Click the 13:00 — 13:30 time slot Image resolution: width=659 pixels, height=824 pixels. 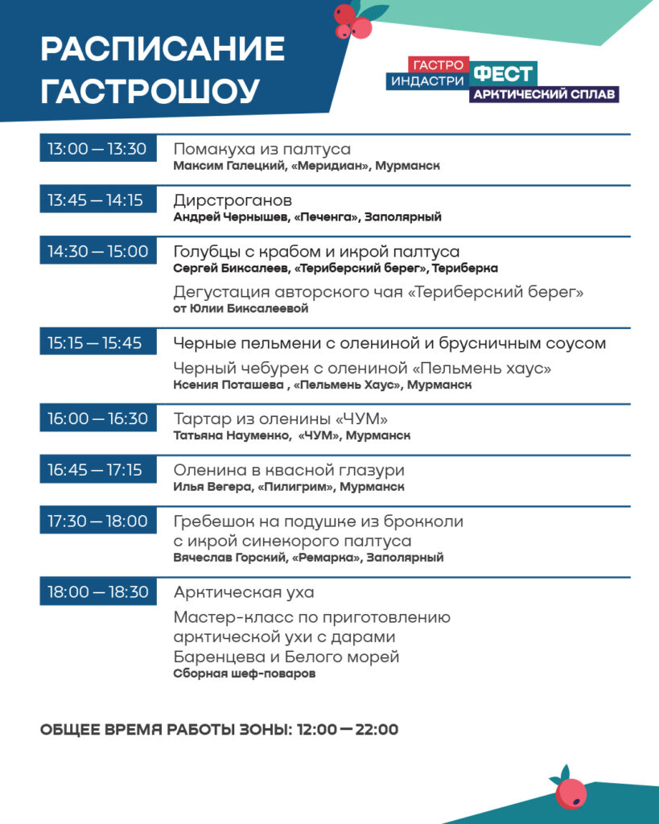pos(97,149)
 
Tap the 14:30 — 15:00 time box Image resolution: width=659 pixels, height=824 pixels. pos(97,252)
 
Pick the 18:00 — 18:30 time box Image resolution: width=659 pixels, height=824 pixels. pos(97,592)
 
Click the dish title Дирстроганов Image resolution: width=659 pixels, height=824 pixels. pos(233,200)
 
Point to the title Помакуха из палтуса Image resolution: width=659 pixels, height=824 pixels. pos(262,149)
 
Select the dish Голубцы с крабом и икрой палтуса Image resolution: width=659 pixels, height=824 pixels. pos(316,252)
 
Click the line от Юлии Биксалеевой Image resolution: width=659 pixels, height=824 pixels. pos(241,308)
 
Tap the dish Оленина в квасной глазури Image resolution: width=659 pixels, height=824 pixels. pos(289,470)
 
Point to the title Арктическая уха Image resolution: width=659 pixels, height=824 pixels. pos(244,592)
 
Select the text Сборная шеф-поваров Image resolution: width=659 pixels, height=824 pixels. pos(244,674)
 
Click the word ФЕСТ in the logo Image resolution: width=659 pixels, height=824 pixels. pos(503,74)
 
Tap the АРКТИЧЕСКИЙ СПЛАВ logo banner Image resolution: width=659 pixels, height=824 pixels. pos(544,95)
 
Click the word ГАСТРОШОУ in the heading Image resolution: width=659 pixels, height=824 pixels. pos(150,92)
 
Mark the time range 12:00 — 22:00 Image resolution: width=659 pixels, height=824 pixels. pos(348,731)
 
